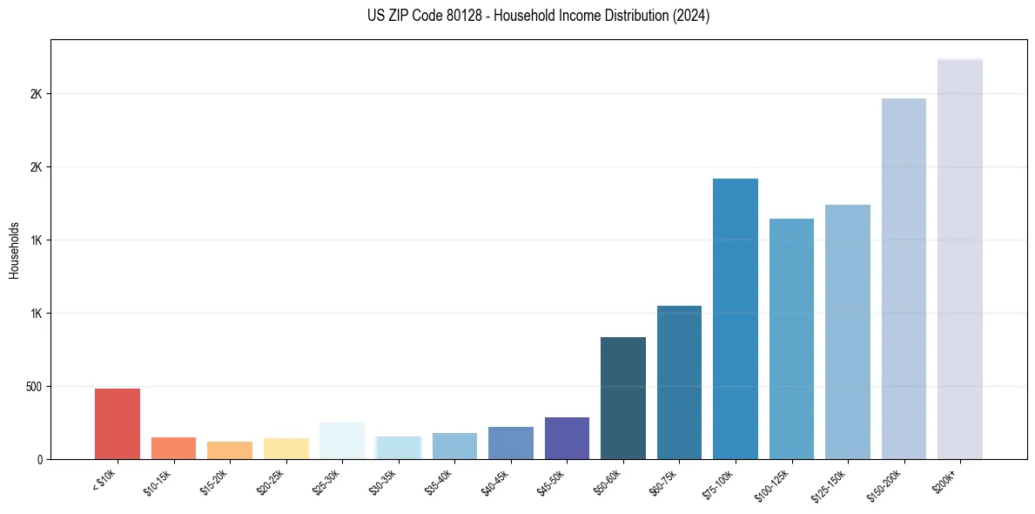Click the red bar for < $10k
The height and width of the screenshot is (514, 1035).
(x=118, y=423)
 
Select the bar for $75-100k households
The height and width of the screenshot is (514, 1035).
(x=736, y=319)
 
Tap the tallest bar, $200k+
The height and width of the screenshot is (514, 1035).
(x=960, y=259)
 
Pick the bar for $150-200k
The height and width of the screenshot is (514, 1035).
(x=904, y=279)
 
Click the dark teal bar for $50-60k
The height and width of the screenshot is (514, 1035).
(x=623, y=398)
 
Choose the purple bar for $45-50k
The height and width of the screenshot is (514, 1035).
(x=567, y=438)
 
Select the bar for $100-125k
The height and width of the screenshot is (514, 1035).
(x=791, y=339)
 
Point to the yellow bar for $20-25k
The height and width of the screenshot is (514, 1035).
(x=286, y=449)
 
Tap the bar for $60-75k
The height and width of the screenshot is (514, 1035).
(x=679, y=382)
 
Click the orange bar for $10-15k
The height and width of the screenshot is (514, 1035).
(x=173, y=448)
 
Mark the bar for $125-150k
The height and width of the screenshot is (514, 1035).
(x=848, y=332)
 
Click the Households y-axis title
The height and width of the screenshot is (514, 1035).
(x=14, y=250)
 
